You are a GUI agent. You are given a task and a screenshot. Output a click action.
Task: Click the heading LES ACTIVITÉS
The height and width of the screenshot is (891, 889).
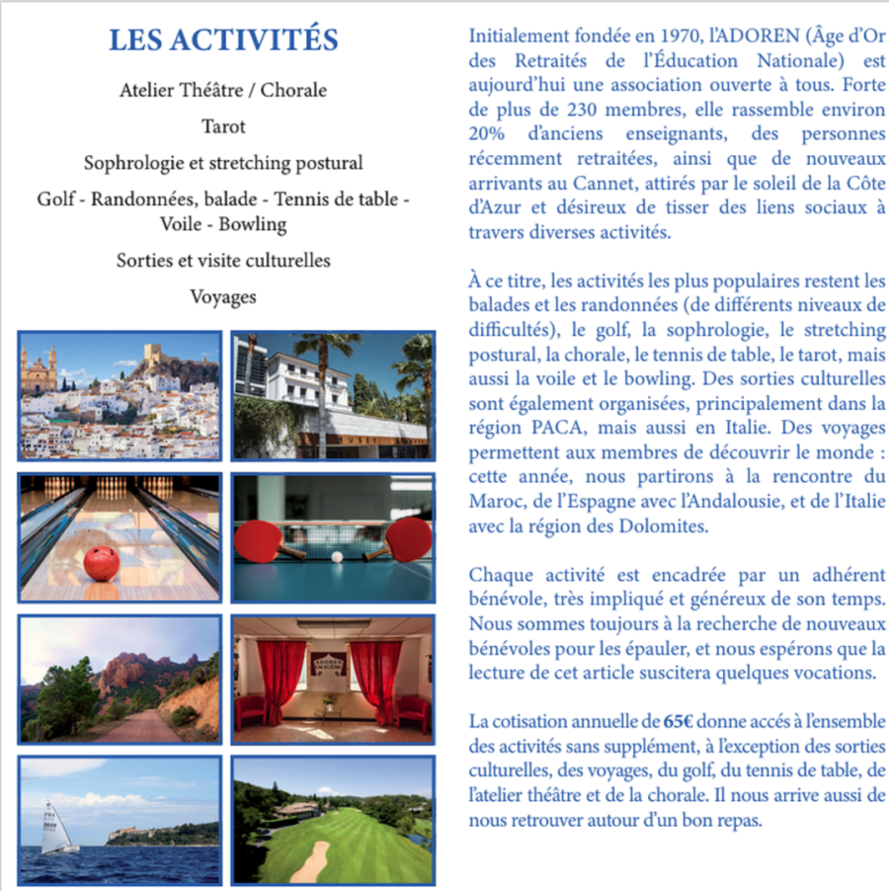point(223,40)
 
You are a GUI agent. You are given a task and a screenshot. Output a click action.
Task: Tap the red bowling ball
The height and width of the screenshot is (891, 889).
point(101,563)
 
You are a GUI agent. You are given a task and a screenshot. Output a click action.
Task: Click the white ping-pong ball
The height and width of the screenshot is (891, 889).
point(337,557)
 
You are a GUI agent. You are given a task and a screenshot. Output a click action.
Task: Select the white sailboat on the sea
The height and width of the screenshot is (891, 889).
point(56,826)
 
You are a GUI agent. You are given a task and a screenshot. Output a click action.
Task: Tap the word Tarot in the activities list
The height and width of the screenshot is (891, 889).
point(223,126)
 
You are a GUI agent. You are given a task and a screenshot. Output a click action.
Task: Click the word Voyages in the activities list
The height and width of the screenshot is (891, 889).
point(223,296)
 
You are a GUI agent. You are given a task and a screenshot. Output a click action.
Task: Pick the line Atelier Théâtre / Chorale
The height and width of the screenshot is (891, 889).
point(223,91)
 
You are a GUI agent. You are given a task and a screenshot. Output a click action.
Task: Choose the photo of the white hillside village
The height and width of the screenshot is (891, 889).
point(120,395)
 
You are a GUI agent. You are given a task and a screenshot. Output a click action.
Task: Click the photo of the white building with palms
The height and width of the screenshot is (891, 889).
point(333,395)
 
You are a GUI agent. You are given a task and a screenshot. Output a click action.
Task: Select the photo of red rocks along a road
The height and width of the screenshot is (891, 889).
point(120,680)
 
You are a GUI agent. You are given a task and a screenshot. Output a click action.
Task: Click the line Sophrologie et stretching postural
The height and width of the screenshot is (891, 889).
point(223,163)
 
